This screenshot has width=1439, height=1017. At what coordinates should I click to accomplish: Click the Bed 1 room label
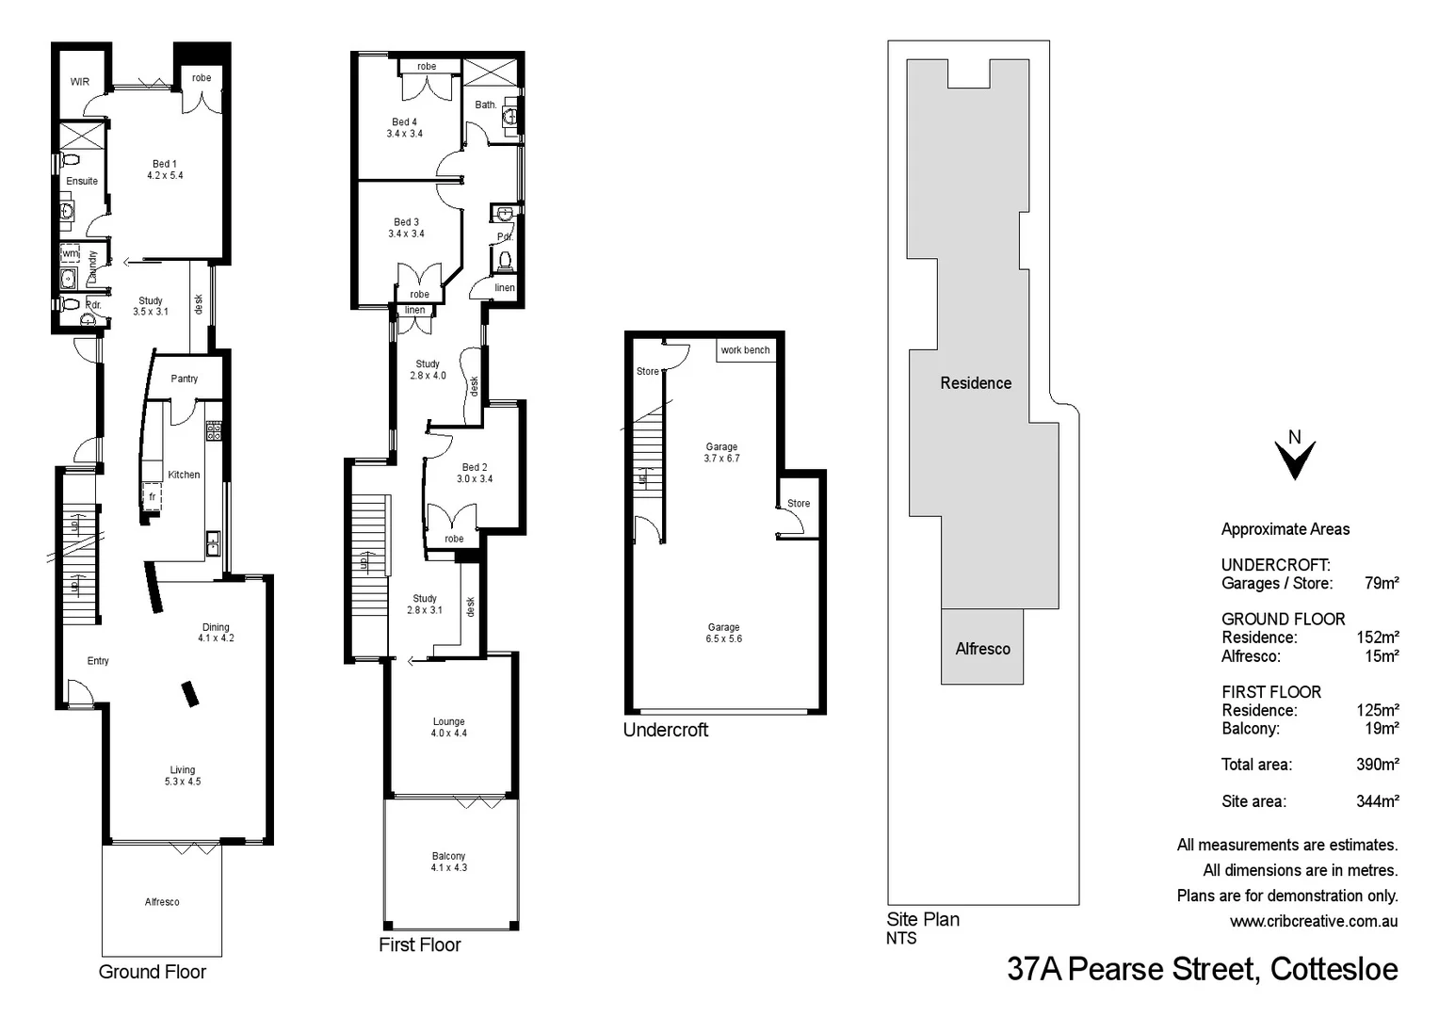point(165,164)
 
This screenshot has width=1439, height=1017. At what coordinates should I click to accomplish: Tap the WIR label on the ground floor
point(80,82)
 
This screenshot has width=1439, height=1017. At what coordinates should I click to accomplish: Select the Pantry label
point(185,379)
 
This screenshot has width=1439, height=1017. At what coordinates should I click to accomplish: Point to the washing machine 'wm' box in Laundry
point(71,254)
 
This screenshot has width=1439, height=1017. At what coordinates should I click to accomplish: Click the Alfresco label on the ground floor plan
point(162,902)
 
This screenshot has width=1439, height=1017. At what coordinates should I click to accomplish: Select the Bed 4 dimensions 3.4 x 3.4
point(405,134)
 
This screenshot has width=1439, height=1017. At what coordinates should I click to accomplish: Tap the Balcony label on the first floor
point(449,856)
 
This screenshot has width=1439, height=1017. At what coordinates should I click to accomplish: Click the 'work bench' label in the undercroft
point(745,350)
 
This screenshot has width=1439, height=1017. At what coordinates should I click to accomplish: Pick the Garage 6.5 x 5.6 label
point(723,633)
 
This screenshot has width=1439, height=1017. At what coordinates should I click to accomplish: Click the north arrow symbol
point(1295,456)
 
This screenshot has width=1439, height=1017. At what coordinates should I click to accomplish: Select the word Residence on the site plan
point(976,383)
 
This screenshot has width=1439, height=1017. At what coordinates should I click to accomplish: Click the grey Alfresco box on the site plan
point(982,649)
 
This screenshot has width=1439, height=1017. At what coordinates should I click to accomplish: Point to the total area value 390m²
point(1377,765)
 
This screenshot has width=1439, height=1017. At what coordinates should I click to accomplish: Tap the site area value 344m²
point(1377,801)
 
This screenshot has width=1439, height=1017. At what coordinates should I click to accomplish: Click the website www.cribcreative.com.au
point(1313,921)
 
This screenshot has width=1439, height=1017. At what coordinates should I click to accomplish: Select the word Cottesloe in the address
point(1334,969)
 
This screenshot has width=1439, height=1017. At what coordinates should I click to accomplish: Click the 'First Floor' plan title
point(419,944)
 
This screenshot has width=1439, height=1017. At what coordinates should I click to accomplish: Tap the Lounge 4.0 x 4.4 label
point(449,727)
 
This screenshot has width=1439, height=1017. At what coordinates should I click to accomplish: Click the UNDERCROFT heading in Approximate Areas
point(1275,565)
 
